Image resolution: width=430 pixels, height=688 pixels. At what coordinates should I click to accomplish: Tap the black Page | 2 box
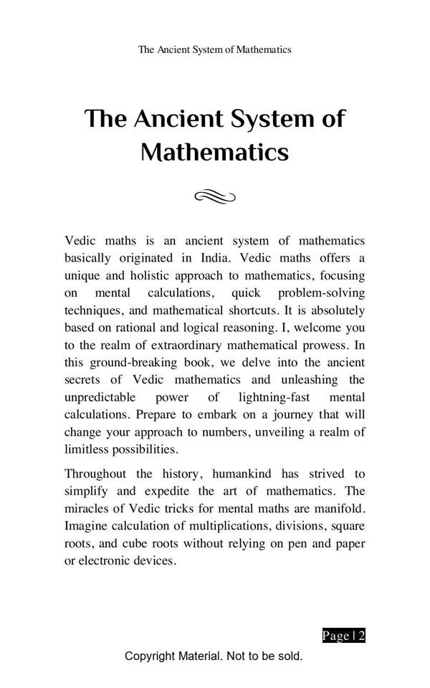tap(344, 636)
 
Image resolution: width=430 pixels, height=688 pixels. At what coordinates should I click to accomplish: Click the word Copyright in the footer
tap(149, 656)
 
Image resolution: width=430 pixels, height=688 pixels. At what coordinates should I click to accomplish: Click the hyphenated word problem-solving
tap(321, 293)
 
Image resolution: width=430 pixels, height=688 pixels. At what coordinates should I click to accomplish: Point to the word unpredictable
tap(100, 397)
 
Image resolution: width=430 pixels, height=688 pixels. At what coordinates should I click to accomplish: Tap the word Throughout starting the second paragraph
tap(95, 474)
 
